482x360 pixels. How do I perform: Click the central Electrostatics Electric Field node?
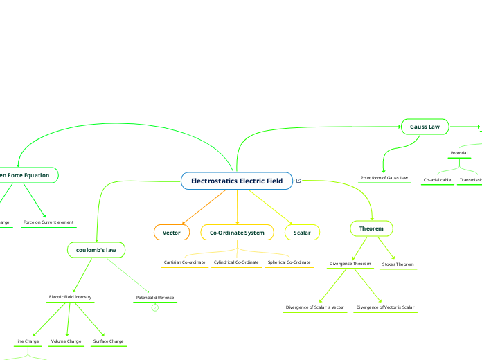(237, 181)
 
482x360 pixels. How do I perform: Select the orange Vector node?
(171, 233)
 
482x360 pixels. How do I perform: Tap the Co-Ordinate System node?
(237, 233)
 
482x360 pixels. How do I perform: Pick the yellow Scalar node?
(302, 233)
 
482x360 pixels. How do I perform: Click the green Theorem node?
(371, 228)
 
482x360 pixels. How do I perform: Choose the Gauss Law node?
(425, 127)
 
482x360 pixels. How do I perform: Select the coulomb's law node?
(96, 249)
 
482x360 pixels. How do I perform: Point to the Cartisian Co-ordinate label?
(184, 263)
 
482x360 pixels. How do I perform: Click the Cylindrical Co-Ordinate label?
(236, 263)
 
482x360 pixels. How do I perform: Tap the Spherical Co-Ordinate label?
(289, 263)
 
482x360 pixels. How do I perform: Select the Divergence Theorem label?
(350, 264)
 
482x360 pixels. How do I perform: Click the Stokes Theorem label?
(398, 264)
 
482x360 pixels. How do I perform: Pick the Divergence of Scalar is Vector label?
(315, 307)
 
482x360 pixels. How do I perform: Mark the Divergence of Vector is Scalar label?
(385, 307)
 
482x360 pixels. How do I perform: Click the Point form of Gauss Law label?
(384, 178)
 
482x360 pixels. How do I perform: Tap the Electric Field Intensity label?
(71, 297)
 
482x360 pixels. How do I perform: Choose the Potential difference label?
(155, 298)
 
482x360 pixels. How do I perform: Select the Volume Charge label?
(66, 341)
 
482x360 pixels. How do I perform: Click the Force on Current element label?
(48, 222)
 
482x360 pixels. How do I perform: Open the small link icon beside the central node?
(298, 181)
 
